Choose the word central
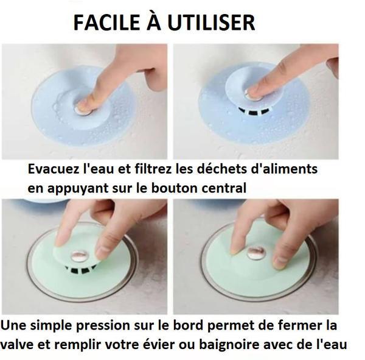pos(225,188)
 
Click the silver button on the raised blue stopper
pos(249,92)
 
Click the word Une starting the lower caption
pos(13,325)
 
